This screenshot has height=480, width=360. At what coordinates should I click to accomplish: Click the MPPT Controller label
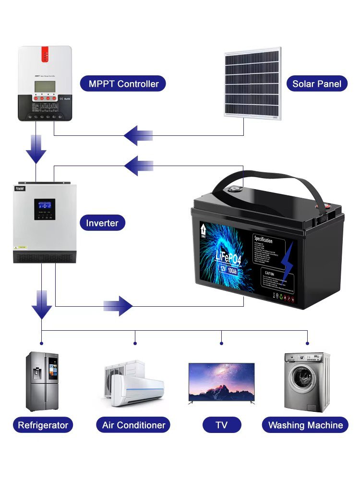[x=123, y=84]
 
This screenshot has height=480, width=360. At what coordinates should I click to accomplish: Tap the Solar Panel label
[x=317, y=84]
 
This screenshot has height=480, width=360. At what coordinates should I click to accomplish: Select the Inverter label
[x=102, y=223]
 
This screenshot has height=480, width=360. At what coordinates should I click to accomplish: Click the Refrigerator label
[x=43, y=425]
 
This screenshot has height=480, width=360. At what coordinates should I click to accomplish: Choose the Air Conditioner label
[x=133, y=425]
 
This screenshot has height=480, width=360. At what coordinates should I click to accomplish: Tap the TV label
[x=221, y=425]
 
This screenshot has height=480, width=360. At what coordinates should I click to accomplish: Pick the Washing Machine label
[x=305, y=425]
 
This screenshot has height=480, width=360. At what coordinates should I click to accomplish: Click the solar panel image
[x=252, y=84]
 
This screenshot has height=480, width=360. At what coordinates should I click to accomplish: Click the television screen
[x=221, y=381]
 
